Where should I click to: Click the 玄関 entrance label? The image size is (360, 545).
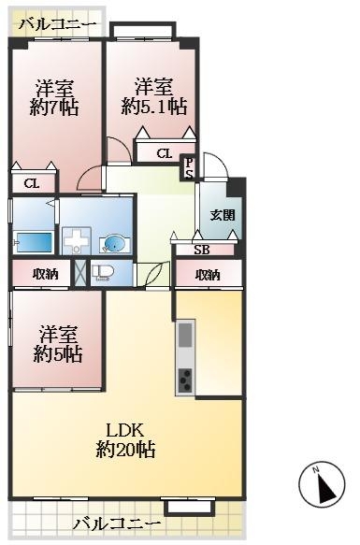tap(222, 214)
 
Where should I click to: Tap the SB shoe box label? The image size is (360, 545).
tap(201, 250)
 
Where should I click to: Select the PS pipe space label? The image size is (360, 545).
tap(188, 167)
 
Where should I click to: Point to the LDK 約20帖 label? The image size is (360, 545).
tap(124, 439)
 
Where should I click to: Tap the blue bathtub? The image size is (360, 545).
tap(33, 242)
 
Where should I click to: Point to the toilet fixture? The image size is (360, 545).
tap(102, 274)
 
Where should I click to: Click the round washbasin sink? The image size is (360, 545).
tap(113, 245)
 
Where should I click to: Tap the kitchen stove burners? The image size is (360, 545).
tap(185, 380)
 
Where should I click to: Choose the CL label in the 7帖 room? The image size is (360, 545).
tap(31, 183)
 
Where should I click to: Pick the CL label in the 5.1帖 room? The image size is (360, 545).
tap(164, 153)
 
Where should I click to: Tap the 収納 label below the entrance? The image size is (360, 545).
tap(208, 274)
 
